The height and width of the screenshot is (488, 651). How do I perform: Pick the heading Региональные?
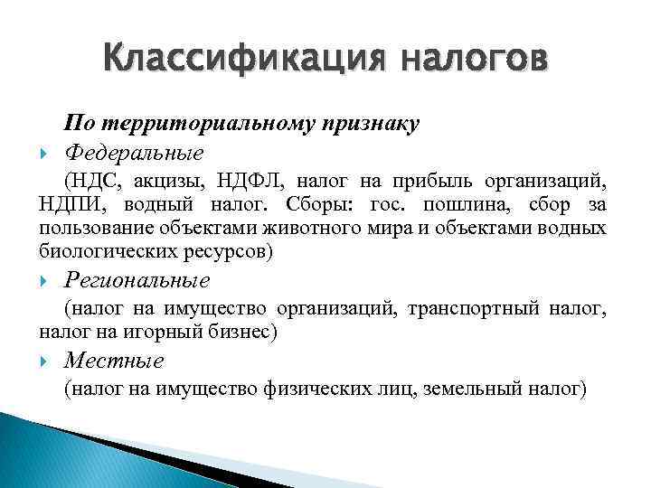(137, 281)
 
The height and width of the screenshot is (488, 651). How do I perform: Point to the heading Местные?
(115, 361)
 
